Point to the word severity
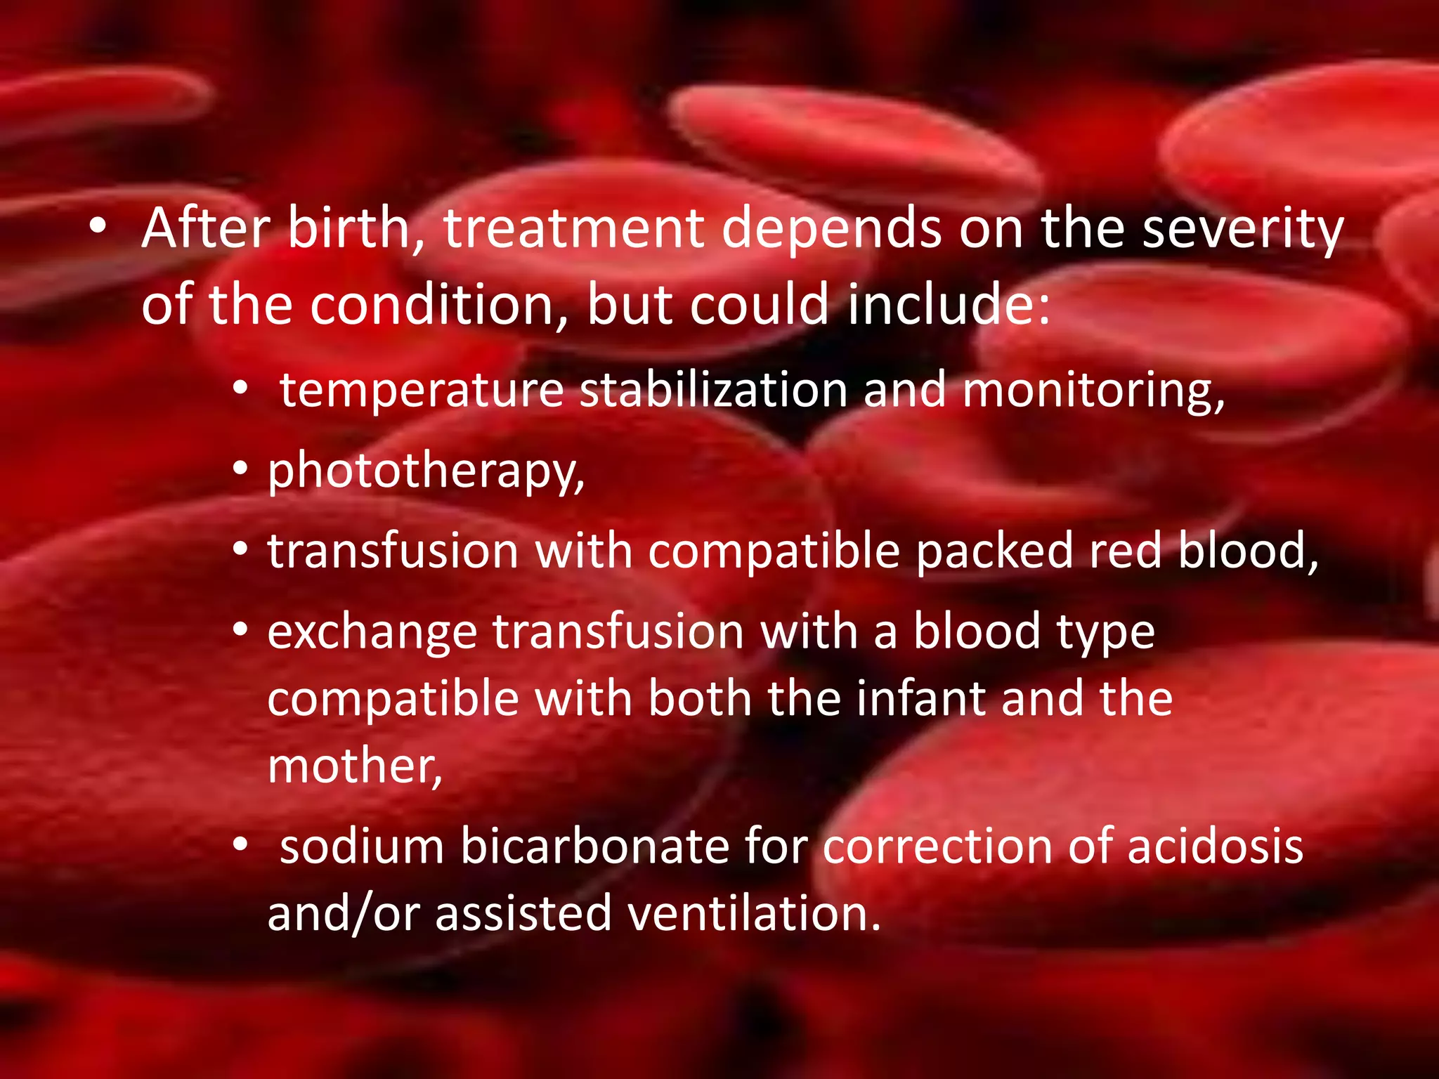1243,230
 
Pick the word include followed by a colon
948,305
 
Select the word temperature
422,391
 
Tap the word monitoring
1093,391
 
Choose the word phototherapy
426,471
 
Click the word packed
994,550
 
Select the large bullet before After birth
98,226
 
